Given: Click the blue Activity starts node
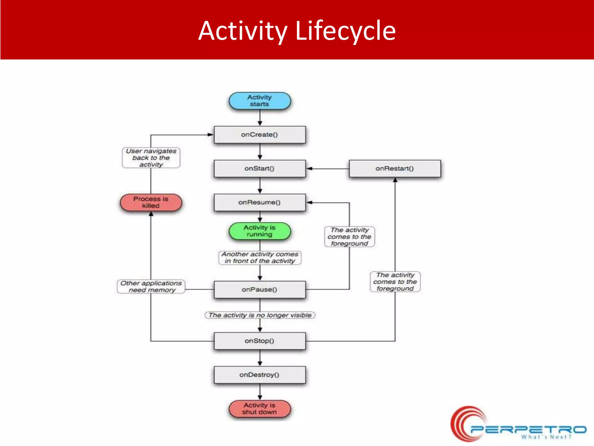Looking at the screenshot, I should pyautogui.click(x=260, y=101).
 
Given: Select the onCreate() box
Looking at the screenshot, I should pyautogui.click(x=260, y=135).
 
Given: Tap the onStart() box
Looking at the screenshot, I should pyautogui.click(x=260, y=168).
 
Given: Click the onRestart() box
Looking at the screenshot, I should pyautogui.click(x=394, y=168).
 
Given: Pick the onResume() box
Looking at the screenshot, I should pyautogui.click(x=260, y=202).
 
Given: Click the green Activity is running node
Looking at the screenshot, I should pyautogui.click(x=260, y=231).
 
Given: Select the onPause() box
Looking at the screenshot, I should pyautogui.click(x=260, y=289).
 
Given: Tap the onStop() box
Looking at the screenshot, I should pyautogui.click(x=260, y=341).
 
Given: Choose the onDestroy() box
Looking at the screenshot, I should pyautogui.click(x=260, y=375).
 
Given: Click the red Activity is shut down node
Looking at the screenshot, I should pyautogui.click(x=260, y=409).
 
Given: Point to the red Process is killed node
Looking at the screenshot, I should pyautogui.click(x=151, y=202).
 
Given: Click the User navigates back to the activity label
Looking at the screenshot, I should pyautogui.click(x=151, y=158).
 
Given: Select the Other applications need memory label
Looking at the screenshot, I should pyautogui.click(x=151, y=287).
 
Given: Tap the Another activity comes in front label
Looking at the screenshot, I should pyautogui.click(x=260, y=258).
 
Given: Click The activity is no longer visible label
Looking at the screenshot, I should pyautogui.click(x=260, y=315).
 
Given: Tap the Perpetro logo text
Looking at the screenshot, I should pyautogui.click(x=528, y=429).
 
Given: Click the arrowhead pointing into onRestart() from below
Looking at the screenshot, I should pyautogui.click(x=395, y=180).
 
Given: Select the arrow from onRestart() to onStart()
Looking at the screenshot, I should pyautogui.click(x=328, y=168).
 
